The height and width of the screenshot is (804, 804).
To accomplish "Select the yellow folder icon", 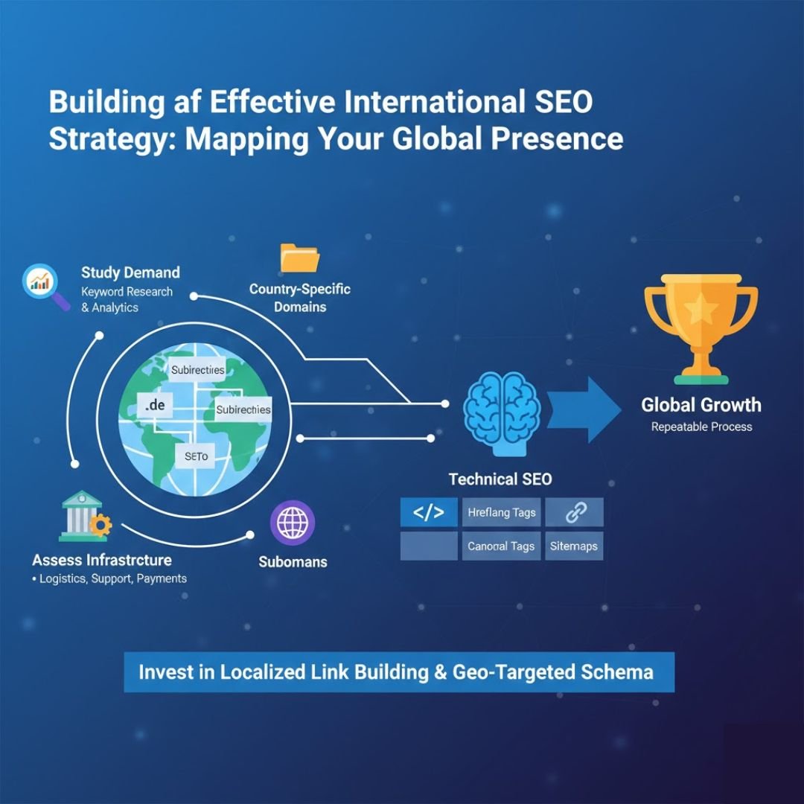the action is point(299,258).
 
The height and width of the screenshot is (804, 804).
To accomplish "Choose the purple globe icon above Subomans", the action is point(293,523).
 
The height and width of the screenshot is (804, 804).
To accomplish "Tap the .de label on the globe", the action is point(156,406).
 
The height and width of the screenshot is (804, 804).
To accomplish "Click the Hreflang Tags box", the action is point(501,512).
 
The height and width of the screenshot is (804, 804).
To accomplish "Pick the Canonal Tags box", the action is point(501,546).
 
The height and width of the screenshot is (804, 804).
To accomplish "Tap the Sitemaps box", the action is point(574,546).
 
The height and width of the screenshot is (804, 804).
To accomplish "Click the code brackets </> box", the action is point(428,512).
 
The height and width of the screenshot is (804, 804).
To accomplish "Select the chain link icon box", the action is point(574,512).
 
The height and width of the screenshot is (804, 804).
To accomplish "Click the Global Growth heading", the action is point(701,405).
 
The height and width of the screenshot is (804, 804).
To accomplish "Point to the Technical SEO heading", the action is point(500,479).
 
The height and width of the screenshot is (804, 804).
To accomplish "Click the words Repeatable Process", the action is point(701,427).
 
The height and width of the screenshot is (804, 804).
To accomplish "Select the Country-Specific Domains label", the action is point(299,297).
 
